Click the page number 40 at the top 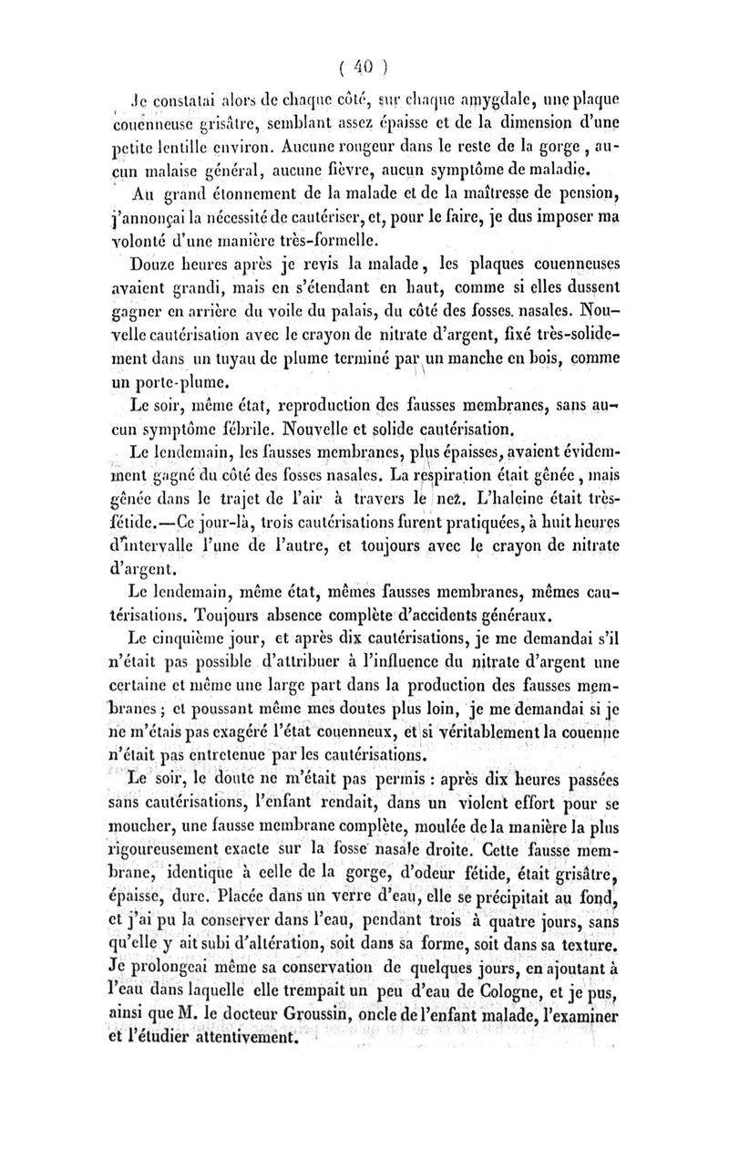(364, 68)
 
